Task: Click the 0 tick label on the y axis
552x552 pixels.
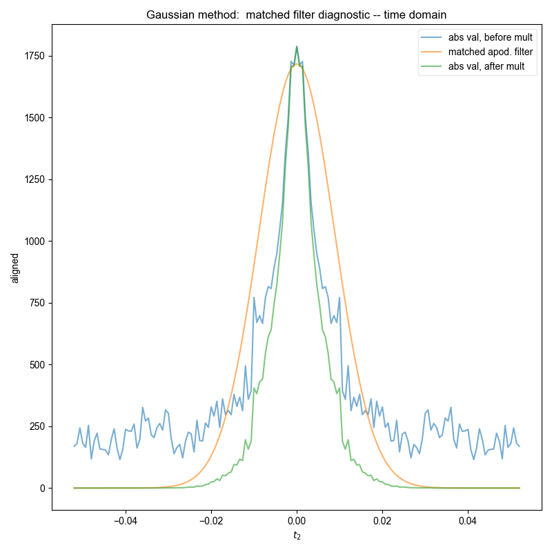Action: click(43, 489)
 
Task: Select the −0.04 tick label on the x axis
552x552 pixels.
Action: click(124, 520)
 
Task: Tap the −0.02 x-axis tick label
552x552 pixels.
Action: click(210, 520)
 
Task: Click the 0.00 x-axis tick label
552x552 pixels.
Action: click(297, 520)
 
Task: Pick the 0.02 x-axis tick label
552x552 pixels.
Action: click(382, 520)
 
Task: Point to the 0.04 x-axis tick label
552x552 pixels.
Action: click(468, 520)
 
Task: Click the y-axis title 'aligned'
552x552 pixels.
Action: click(15, 268)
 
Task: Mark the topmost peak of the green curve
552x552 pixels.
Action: click(297, 47)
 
